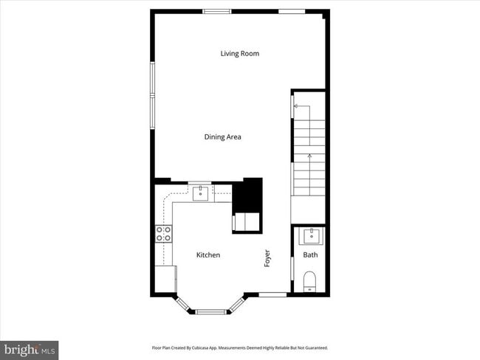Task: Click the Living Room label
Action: coord(239,53)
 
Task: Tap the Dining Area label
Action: coord(222,136)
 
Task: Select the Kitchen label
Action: coord(208,255)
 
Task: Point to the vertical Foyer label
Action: coord(267,258)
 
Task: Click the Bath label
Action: coord(311,255)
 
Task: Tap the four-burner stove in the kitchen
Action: coord(164,234)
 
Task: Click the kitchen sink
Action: coord(200,193)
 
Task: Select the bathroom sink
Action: coord(310,237)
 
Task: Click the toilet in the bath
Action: coord(310,280)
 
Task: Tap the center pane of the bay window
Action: coord(210,312)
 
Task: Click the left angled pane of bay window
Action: coord(184,304)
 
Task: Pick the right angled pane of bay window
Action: coord(237,304)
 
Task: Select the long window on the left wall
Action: coord(153,94)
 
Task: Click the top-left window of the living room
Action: coord(216,11)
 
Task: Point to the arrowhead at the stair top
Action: coord(295,106)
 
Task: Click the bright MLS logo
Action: coord(30,348)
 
